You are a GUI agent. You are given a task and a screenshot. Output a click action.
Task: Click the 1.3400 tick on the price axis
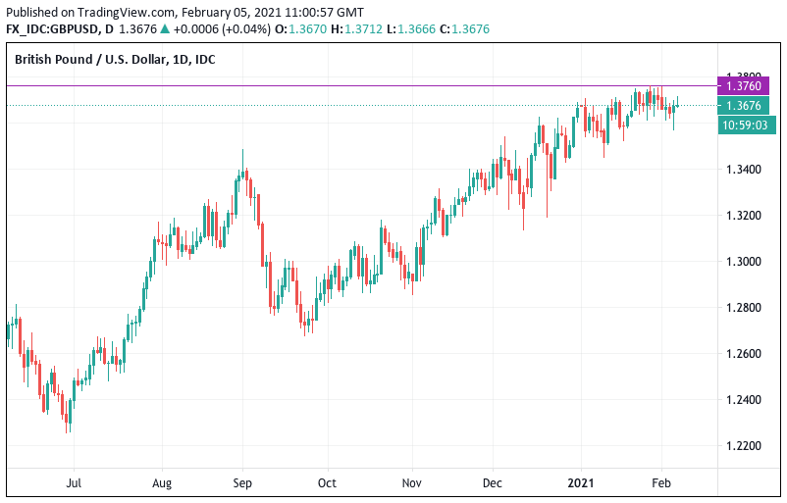[742, 170]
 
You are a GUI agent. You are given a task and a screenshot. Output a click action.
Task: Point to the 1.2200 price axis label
[742, 446]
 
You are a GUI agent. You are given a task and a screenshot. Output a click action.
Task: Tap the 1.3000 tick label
[742, 262]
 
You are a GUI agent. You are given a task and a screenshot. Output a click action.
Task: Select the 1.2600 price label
[742, 354]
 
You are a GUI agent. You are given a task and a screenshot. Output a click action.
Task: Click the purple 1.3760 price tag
[742, 86]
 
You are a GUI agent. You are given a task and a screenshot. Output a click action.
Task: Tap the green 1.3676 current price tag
[742, 106]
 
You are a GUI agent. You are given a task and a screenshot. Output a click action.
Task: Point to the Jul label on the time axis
[72, 483]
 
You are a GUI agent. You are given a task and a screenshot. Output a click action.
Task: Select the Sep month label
[243, 483]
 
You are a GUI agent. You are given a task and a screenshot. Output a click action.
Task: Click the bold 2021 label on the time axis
[583, 483]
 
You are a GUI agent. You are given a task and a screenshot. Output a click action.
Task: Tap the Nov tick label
[412, 483]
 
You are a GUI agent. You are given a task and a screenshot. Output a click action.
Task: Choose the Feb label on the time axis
[660, 483]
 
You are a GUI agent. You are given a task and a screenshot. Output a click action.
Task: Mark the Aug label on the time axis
[162, 483]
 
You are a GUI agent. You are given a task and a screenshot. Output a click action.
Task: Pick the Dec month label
[494, 483]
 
